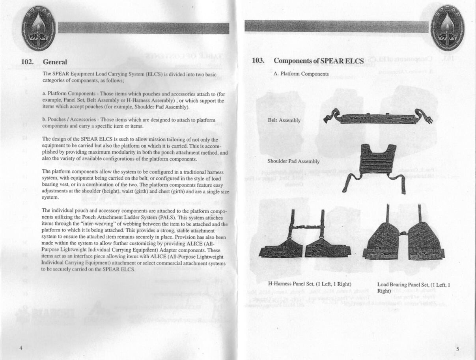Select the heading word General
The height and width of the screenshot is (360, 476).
click(x=55, y=62)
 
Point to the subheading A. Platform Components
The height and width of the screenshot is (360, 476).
click(x=301, y=74)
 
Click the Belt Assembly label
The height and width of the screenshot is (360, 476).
click(x=284, y=120)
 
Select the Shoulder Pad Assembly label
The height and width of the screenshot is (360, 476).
click(x=293, y=161)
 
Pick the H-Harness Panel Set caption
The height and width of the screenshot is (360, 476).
click(x=310, y=284)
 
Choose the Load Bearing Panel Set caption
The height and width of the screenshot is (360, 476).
click(x=413, y=287)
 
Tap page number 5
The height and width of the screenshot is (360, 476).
click(x=457, y=349)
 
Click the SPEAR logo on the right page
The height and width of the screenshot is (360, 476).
click(x=448, y=29)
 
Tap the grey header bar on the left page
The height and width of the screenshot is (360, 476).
click(x=143, y=28)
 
